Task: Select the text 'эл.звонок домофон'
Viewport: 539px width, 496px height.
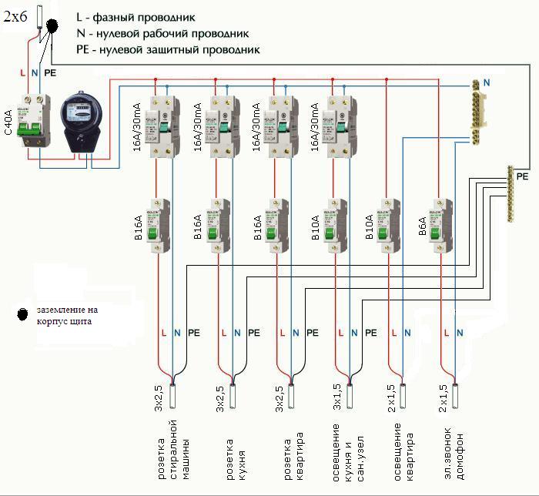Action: point(455,450)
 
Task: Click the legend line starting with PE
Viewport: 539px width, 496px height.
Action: point(168,49)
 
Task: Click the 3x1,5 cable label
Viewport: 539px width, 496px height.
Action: point(336,397)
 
